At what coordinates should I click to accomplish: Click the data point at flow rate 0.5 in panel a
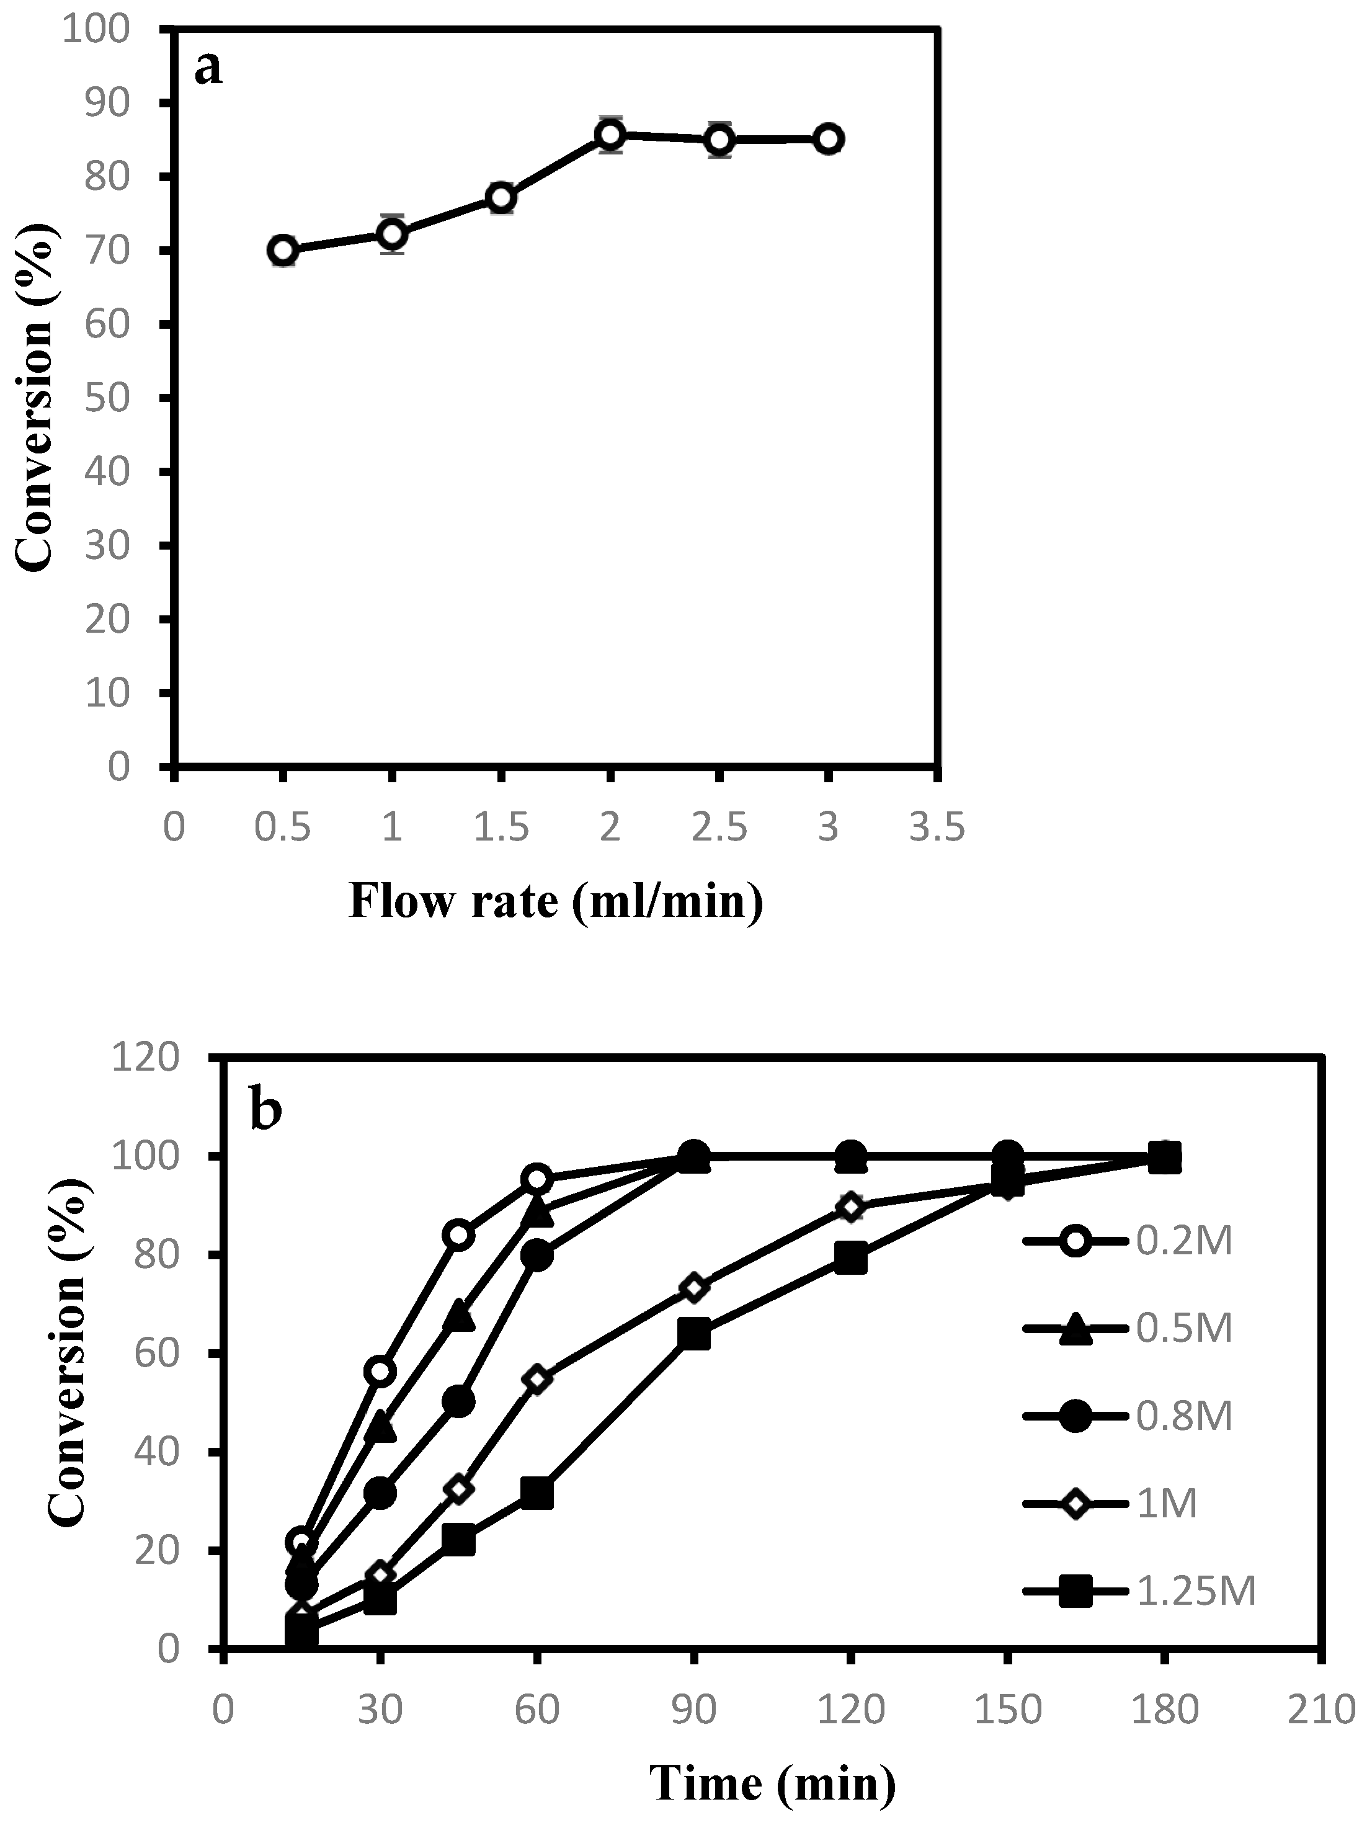pyautogui.click(x=283, y=250)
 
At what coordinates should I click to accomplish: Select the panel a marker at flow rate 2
pyautogui.click(x=610, y=135)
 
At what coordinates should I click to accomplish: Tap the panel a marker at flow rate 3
pyautogui.click(x=828, y=138)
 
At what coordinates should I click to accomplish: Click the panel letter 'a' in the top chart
pyautogui.click(x=209, y=68)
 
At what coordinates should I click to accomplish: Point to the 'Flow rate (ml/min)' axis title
pyautogui.click(x=555, y=900)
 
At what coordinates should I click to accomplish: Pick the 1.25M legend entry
pyautogui.click(x=1139, y=1592)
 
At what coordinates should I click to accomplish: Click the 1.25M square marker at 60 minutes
pyautogui.click(x=537, y=1493)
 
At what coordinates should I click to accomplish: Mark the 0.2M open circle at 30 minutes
pyautogui.click(x=380, y=1371)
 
